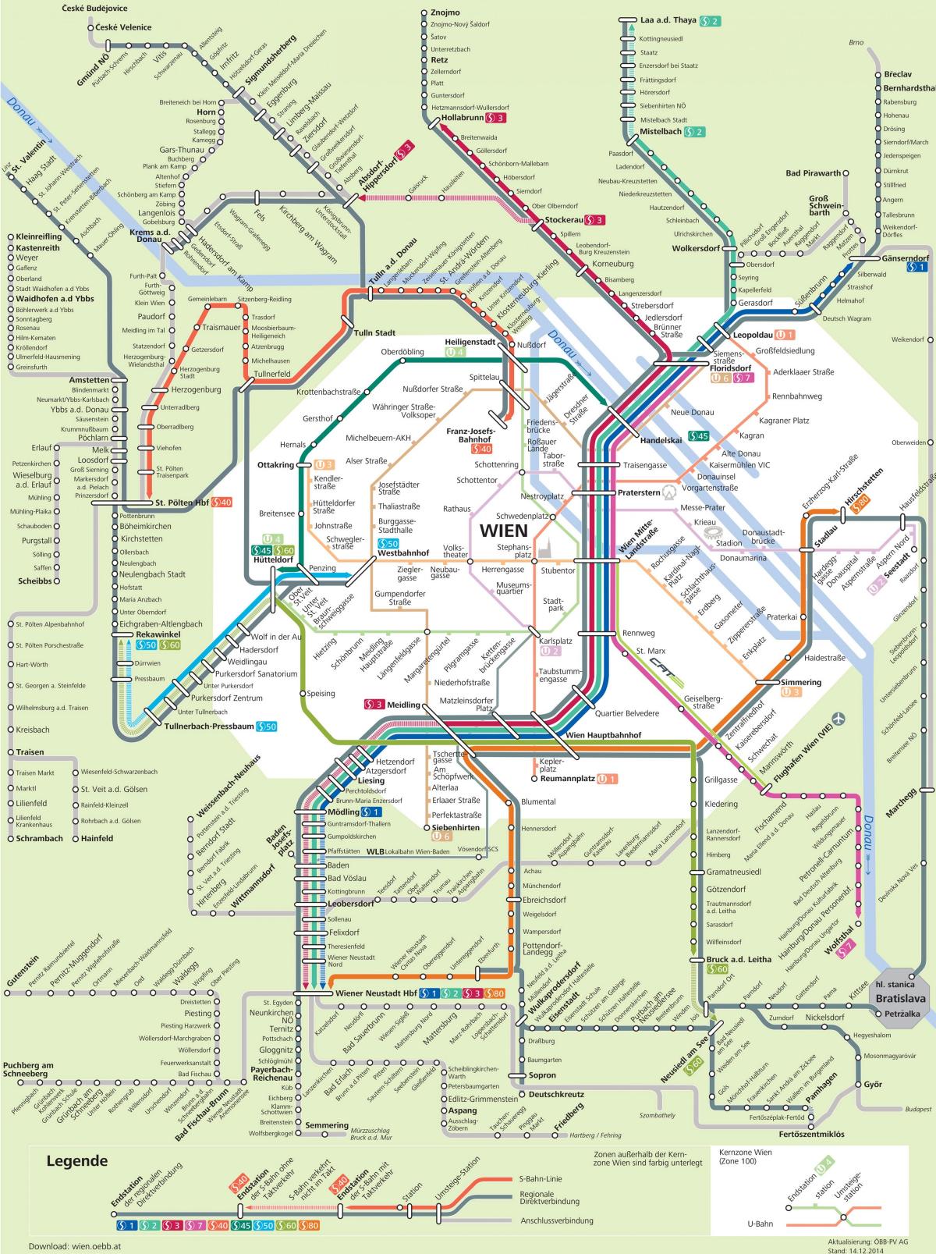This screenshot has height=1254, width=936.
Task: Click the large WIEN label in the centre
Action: (x=502, y=530)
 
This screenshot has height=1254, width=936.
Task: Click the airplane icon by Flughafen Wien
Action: (x=839, y=717)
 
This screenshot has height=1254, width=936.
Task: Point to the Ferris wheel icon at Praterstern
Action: (x=670, y=493)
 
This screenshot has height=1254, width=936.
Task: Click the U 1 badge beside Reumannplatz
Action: (x=608, y=778)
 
